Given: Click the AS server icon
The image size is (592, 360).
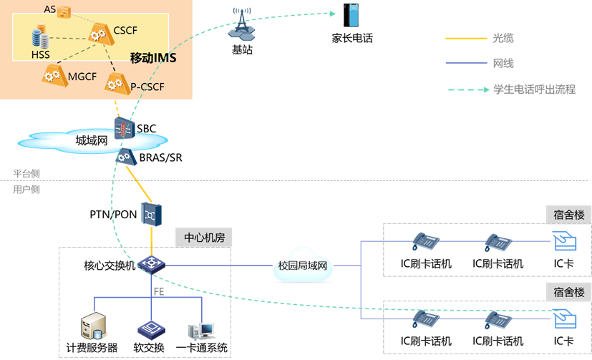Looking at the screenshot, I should point(65,11).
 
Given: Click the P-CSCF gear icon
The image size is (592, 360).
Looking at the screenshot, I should point(115,84).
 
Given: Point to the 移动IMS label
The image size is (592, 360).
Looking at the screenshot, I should point(153,57).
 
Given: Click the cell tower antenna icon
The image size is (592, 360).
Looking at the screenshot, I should point(242,24).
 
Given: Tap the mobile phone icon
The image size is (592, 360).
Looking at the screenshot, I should point(351,15).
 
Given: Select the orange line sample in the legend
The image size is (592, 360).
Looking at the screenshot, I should point(465,38).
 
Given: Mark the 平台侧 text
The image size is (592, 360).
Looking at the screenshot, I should point(26,174).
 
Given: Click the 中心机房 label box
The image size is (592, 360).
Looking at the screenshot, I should point(203,237).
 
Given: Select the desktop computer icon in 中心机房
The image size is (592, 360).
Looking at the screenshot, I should point(200,330).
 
